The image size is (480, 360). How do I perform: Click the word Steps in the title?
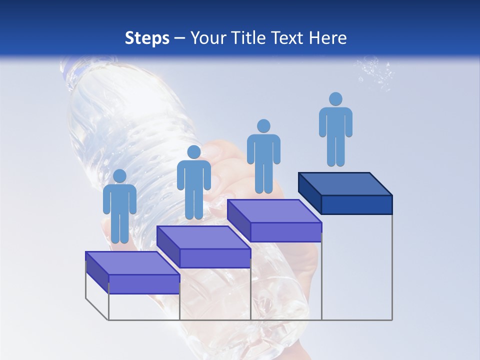[147, 38]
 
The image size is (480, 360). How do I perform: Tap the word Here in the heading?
[328, 38]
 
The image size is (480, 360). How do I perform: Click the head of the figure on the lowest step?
[120, 176]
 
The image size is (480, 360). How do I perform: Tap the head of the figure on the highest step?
[335, 99]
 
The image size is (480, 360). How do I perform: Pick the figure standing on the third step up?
[263, 157]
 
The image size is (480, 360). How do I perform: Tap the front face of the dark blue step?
[356, 204]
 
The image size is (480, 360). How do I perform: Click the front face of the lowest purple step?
[144, 284]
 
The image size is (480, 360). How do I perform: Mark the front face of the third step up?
[285, 232]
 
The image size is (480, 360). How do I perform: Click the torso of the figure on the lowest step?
[120, 200]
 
